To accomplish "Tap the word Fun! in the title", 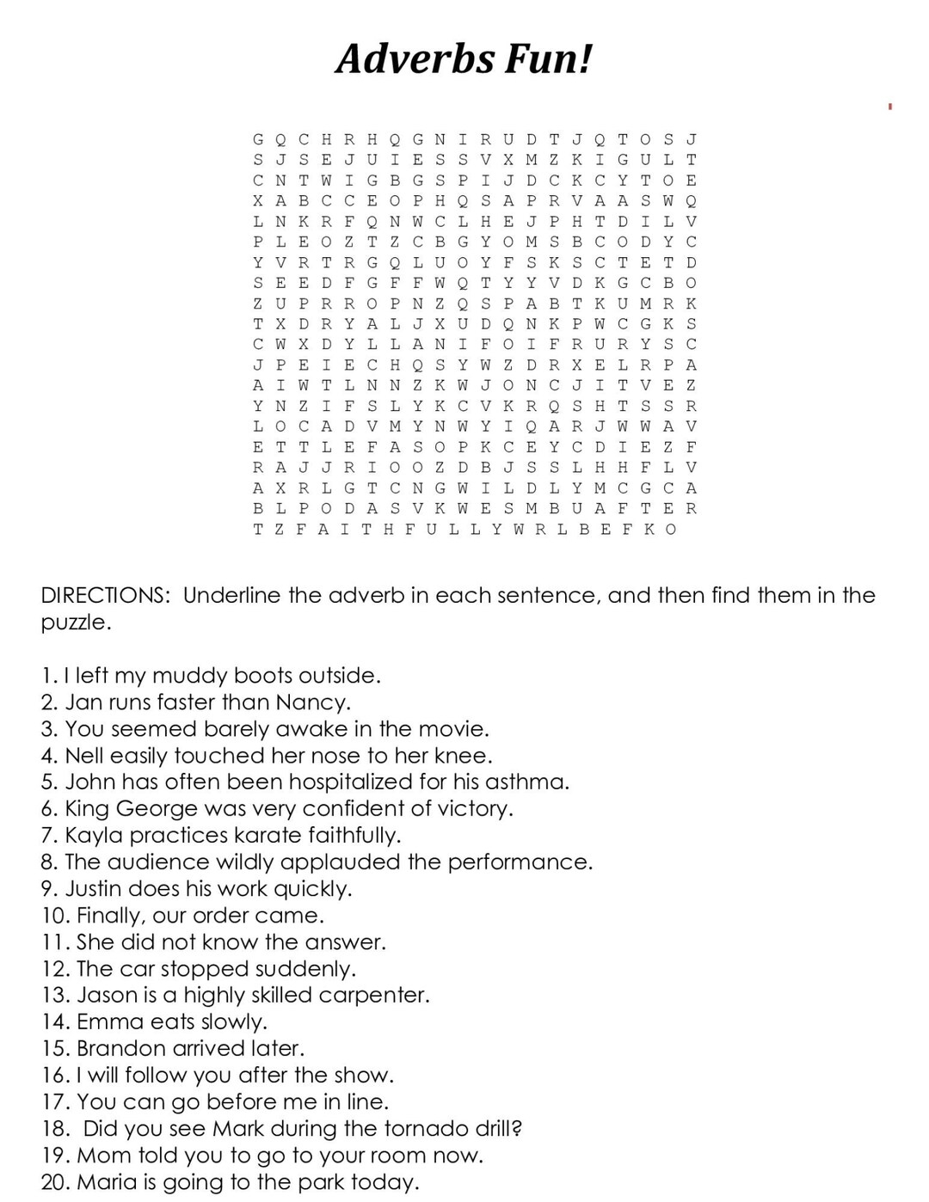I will [548, 59].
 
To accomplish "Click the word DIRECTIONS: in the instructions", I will [106, 595].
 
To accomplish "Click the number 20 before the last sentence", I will [54, 1182].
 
